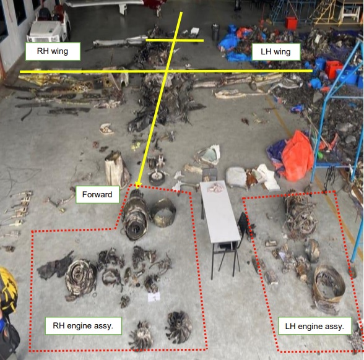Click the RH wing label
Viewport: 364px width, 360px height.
pos(53,51)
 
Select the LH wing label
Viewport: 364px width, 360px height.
pos(276,51)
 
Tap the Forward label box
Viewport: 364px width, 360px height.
pos(97,194)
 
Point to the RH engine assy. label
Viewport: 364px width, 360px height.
pos(84,325)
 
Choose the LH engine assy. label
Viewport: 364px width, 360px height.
pos(314,326)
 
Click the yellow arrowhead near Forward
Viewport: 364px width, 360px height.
pos(138,185)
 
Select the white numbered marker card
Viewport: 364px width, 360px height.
pos(154,297)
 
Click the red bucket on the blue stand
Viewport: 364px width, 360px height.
pos(292,23)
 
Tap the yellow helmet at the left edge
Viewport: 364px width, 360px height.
pos(7,288)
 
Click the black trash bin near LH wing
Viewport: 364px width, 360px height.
pos(215,32)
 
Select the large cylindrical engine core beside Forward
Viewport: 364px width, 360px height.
pos(135,215)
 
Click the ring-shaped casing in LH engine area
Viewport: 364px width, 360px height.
pos(329,285)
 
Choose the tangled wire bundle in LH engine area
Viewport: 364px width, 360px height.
pos(300,216)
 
